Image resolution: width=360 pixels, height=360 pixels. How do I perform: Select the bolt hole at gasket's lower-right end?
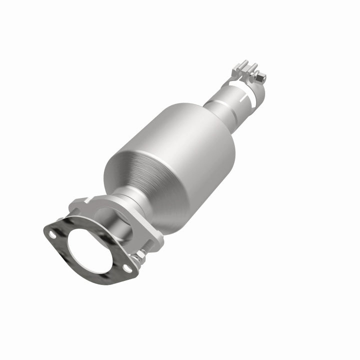point(128,269)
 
